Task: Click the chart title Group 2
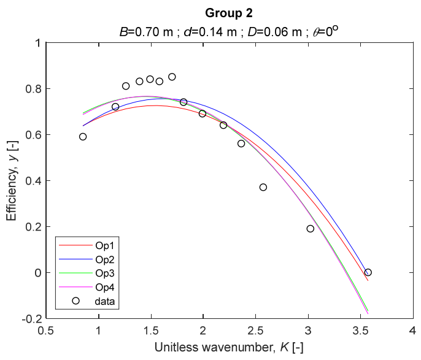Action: point(228,13)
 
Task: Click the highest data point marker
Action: point(172,77)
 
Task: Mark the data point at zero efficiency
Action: point(368,272)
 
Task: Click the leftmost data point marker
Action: point(83,137)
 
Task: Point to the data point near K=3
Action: point(311,229)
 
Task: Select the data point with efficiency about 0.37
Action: point(263,187)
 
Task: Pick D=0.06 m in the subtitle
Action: point(271,29)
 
